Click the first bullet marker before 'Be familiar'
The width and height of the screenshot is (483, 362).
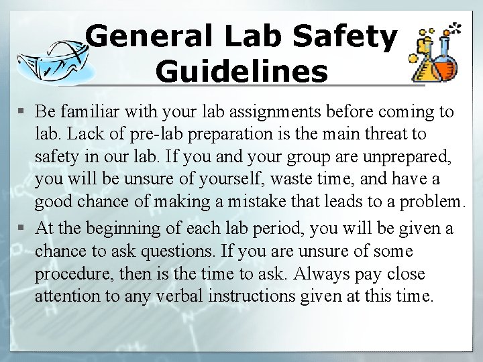[24, 111]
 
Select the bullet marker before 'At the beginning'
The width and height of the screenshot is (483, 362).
[24, 229]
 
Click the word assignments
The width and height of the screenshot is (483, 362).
[245, 111]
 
